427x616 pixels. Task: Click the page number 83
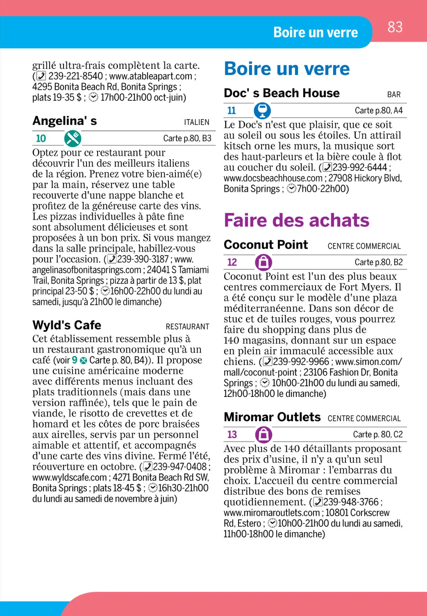pos(395,27)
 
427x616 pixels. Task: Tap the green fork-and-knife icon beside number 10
pos(73,138)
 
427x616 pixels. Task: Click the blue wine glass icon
pos(262,111)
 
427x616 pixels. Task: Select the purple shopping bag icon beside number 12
pos(263,262)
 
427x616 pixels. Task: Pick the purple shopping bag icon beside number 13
pos(263,435)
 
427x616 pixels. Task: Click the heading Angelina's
pos(65,121)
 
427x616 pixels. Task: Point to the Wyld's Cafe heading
pos(67,325)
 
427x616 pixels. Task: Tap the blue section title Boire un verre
pos(287,69)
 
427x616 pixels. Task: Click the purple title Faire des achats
pos(296,220)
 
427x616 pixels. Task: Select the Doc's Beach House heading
pos(281,93)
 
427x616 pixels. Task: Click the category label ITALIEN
pos(196,122)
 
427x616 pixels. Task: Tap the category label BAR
pos(394,95)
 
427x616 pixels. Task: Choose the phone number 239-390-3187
pos(143,259)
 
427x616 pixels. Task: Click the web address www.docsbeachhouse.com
pos(273,178)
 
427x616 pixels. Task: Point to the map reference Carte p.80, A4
pos(378,111)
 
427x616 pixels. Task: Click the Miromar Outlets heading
pos(272,417)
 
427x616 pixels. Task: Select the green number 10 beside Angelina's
pos(41,138)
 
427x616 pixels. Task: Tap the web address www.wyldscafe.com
pos(69,477)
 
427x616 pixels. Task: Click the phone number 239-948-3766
pos(351,502)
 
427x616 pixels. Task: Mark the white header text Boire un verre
pos(316,32)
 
